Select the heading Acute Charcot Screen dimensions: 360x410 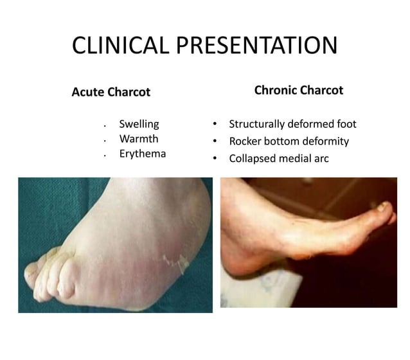(x=111, y=92)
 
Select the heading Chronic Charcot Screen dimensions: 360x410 (x=298, y=90)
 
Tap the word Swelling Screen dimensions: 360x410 (x=139, y=124)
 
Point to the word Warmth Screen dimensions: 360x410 (x=138, y=139)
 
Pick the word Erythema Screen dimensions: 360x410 (x=142, y=154)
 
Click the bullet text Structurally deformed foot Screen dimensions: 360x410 (x=292, y=124)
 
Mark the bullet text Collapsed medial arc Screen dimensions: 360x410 (x=278, y=158)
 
